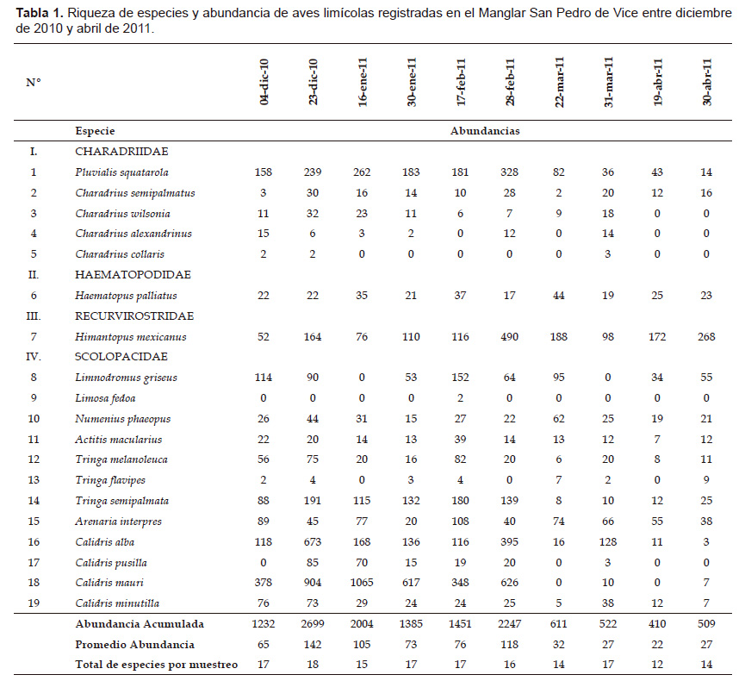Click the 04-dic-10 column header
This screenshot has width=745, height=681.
tap(264, 82)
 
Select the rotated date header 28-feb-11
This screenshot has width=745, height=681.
tap(510, 82)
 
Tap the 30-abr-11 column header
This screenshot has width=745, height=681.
tap(706, 82)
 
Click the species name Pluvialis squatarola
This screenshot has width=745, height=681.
tap(121, 172)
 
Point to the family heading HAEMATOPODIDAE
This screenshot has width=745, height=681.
tap(133, 274)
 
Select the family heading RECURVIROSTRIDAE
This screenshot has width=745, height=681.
tap(134, 316)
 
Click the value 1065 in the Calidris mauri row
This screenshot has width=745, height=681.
tap(362, 583)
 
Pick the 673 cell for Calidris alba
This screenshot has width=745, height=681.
tap(313, 541)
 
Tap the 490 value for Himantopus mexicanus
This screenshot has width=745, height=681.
tap(509, 337)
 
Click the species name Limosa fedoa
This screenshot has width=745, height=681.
tap(105, 398)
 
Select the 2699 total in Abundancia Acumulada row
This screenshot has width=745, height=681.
tap(313, 623)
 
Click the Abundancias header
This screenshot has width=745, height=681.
tap(485, 131)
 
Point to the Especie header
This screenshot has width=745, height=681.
tap(95, 131)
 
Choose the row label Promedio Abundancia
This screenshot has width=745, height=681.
tap(135, 645)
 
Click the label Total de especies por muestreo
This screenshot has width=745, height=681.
tap(156, 665)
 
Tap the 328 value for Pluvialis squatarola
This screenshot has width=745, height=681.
tap(509, 172)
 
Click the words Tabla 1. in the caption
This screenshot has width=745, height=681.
tap(40, 13)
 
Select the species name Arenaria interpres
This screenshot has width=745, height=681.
tap(118, 522)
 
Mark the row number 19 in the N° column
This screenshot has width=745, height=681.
tap(34, 603)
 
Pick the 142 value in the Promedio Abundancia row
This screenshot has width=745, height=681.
tap(313, 645)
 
